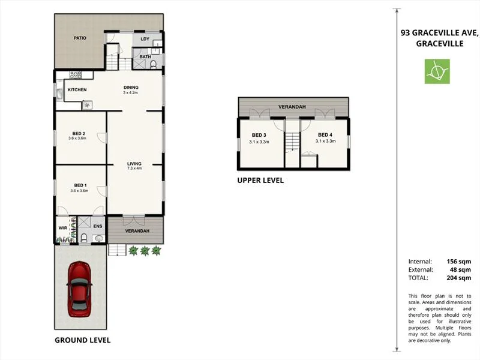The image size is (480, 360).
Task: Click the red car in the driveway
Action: (x=79, y=289)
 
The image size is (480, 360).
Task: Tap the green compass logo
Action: (x=437, y=71)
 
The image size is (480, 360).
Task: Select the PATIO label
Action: (x=80, y=38)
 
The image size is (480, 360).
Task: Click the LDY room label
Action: (x=145, y=39)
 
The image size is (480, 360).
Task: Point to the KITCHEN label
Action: (x=77, y=90)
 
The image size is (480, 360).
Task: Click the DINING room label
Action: (x=130, y=86)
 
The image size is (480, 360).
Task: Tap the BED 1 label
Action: (x=80, y=185)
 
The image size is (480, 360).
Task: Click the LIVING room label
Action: (x=134, y=163)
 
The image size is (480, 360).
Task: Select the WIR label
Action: (x=62, y=227)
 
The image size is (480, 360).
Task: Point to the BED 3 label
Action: (x=259, y=135)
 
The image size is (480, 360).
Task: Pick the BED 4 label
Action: (x=325, y=135)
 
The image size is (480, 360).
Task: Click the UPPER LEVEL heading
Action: (x=260, y=180)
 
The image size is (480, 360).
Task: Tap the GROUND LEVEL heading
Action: (x=82, y=340)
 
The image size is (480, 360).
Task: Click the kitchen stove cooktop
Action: (x=76, y=75)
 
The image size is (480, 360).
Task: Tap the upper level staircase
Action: (x=292, y=142)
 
